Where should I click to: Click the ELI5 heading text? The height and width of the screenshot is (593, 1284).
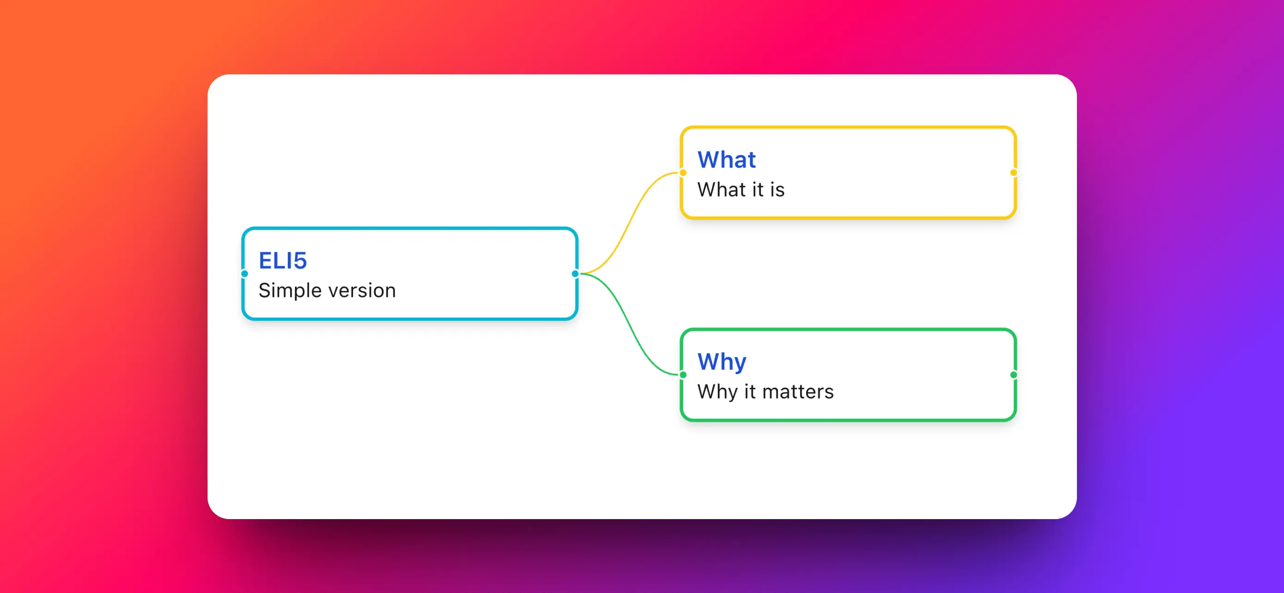pos(282,260)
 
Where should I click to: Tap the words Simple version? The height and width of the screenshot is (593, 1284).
pos(327,290)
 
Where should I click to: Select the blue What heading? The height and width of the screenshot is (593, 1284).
pos(726,160)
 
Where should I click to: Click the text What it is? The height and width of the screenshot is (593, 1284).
pos(741,190)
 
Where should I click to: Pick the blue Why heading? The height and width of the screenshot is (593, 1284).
pos(721,362)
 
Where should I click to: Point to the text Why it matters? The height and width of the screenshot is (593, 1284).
pos(765,392)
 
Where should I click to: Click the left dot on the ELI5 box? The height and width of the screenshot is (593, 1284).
pos(244,273)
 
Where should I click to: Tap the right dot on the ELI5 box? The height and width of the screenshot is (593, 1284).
pos(575,273)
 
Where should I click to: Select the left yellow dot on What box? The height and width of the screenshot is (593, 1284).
pos(683,173)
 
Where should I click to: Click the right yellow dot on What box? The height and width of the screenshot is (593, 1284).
pos(1013,173)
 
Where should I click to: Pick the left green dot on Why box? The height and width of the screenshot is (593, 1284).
pos(683,375)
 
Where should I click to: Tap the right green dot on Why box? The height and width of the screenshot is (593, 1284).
pos(1013,375)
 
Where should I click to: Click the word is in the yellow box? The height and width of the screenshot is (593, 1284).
pos(777,190)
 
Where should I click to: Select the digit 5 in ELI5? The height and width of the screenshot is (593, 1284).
pos(300,260)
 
